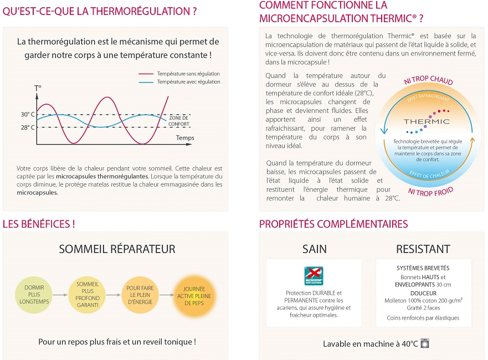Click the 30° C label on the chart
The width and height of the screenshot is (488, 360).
click(28, 115)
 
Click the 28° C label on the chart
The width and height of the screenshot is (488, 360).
click(28, 127)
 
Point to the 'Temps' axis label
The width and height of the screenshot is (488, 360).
click(185, 137)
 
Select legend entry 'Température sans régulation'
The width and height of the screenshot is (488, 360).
click(188, 74)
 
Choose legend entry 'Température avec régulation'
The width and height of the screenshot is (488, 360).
click(188, 82)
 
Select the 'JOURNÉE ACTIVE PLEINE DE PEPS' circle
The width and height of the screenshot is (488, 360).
click(190, 295)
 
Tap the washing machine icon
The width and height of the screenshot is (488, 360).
click(425, 343)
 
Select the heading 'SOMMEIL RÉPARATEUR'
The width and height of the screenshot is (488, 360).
click(117, 249)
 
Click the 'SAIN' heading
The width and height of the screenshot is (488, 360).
click(314, 249)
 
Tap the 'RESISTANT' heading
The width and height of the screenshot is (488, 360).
click(423, 249)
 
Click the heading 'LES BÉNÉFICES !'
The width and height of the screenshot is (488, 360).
click(39, 224)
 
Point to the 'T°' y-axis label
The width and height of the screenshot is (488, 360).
click(38, 88)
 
